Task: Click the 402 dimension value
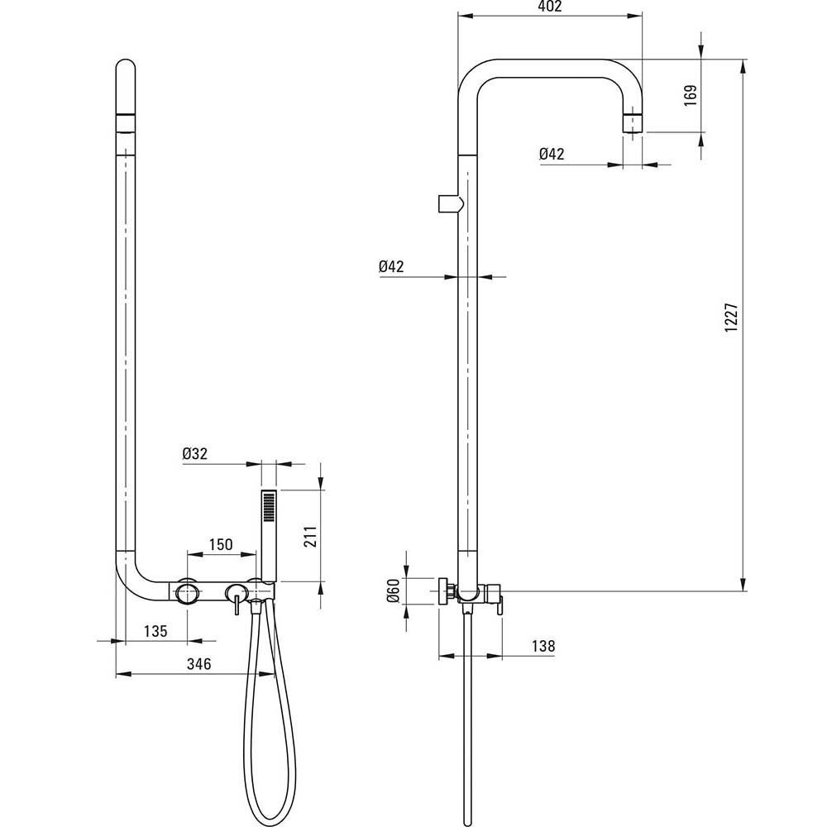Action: [551, 7]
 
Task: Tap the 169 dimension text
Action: [691, 95]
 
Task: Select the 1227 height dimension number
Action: [731, 317]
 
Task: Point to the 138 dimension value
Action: [543, 646]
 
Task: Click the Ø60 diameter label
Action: [393, 590]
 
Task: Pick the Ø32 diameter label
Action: [195, 453]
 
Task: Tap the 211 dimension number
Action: [311, 537]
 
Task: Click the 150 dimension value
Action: [221, 544]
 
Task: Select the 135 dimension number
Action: [155, 631]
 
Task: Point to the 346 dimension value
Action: [198, 664]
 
